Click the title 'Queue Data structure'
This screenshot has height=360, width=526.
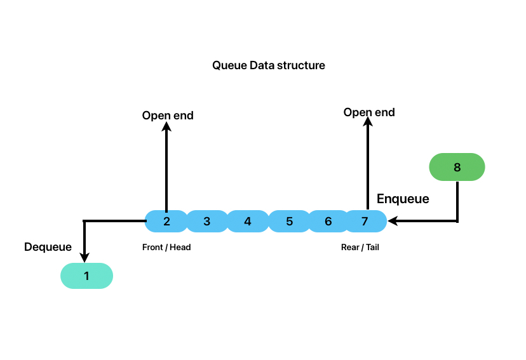tap(268, 65)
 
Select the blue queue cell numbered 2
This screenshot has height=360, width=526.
tap(166, 222)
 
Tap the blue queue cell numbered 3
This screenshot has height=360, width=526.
tap(207, 222)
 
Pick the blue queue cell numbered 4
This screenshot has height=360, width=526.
tap(248, 222)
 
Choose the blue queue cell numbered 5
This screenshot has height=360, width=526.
tap(289, 222)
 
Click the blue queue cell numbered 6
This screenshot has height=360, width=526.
tap(328, 222)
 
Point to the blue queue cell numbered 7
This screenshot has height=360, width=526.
tap(365, 222)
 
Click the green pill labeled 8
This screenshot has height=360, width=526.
tap(457, 168)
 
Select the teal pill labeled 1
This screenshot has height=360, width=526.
tap(86, 276)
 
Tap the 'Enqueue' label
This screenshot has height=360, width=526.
tap(403, 199)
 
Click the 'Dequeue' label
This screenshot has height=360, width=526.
tap(48, 247)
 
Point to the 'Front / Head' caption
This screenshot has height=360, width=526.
tap(166, 248)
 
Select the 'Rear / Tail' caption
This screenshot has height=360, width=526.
tap(360, 248)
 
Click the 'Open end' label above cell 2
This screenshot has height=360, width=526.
tap(168, 116)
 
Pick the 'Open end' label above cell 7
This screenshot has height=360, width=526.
tap(369, 112)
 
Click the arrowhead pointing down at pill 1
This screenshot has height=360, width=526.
tap(84, 257)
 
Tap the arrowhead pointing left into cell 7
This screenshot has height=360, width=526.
tap(393, 221)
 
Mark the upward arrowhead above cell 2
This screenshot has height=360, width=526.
tap(166, 127)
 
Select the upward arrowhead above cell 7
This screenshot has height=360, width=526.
tap(367, 124)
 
